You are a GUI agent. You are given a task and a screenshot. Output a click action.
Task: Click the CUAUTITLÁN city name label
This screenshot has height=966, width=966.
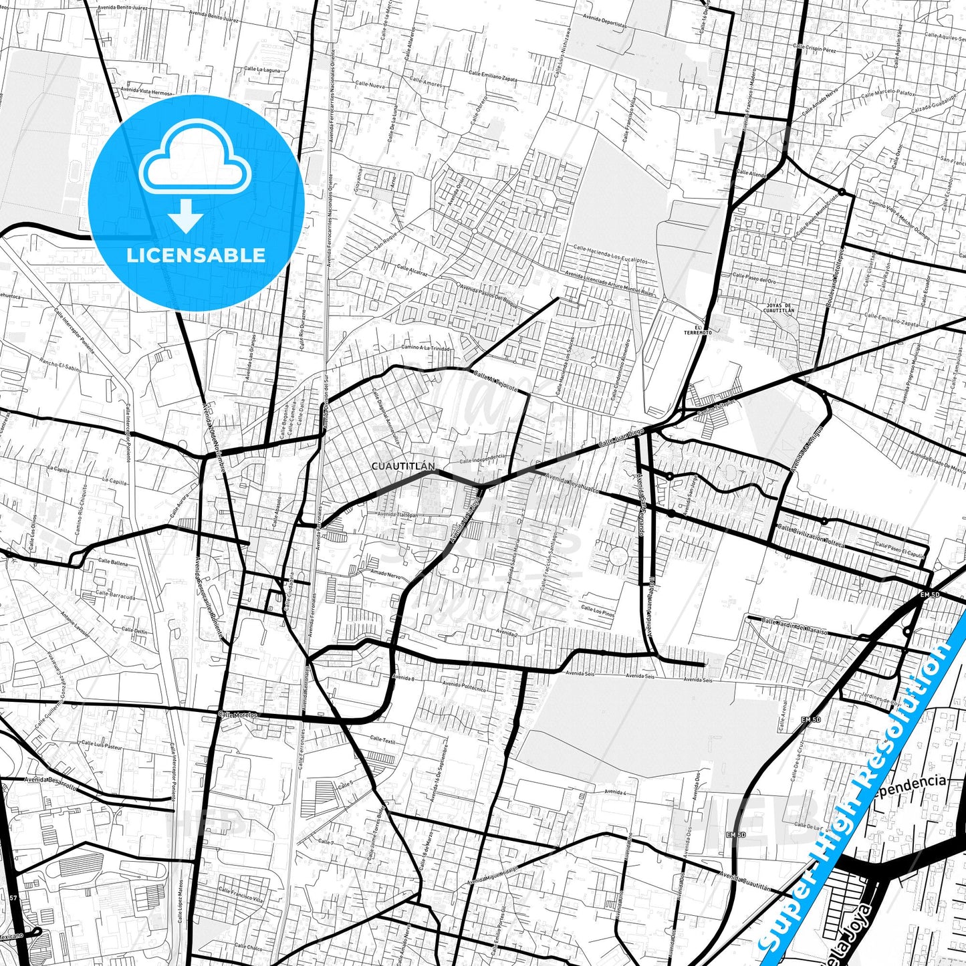pos(402,466)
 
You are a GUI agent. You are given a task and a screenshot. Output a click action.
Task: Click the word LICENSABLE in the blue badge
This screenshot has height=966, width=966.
pos(197,255)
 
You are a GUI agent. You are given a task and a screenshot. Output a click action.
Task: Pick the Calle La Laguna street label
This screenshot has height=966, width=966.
pos(262,69)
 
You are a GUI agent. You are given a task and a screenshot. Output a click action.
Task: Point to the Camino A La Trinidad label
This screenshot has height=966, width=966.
pos(426,348)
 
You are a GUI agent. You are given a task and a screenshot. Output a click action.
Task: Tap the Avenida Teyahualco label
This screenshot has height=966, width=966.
pos(572,485)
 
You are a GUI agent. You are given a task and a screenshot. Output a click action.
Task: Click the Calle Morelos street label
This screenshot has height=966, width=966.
pos(237,715)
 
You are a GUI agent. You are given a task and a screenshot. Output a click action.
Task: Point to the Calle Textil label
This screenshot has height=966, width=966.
pos(383,740)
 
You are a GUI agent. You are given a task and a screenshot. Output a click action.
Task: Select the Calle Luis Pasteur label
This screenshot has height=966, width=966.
pos(102,744)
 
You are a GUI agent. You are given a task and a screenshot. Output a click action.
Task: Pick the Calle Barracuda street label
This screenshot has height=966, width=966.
pos(114,594)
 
